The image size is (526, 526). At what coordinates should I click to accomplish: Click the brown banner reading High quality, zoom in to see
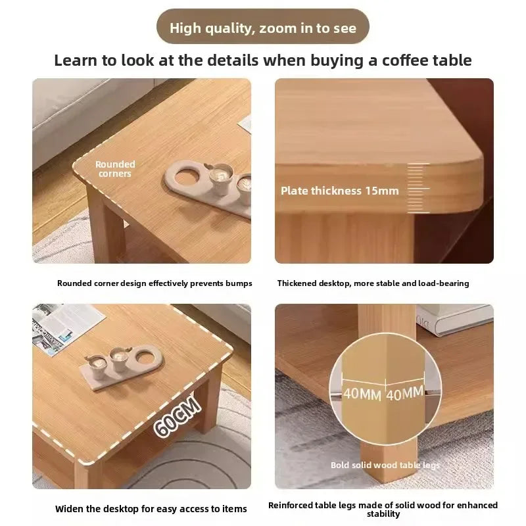[x=262, y=26]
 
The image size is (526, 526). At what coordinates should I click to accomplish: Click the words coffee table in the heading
[x=427, y=60]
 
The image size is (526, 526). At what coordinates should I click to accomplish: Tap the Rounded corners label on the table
[x=115, y=169]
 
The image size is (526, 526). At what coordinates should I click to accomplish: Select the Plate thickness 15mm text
[x=339, y=191]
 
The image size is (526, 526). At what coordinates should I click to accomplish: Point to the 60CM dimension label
[x=178, y=416]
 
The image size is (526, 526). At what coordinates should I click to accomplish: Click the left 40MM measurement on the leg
[x=362, y=394]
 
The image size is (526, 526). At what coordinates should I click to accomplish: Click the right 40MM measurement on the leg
[x=404, y=393]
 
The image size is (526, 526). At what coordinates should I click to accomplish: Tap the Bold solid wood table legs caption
[x=385, y=465]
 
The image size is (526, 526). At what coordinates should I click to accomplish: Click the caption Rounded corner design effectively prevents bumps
[x=155, y=283]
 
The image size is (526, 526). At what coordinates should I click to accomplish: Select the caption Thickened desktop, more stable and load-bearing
[x=373, y=283]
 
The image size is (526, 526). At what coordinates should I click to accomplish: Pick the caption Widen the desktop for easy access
[x=151, y=509]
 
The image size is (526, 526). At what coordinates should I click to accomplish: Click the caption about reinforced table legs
[x=383, y=509]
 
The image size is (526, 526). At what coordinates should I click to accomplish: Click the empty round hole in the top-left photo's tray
[x=185, y=176]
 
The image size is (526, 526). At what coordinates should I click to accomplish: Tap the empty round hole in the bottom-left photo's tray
[x=146, y=358]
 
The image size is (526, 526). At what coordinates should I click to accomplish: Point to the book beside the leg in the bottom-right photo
[x=454, y=320]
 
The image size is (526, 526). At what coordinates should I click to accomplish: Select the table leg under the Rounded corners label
[x=105, y=226]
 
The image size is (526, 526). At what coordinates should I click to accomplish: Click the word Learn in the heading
[x=76, y=60]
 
